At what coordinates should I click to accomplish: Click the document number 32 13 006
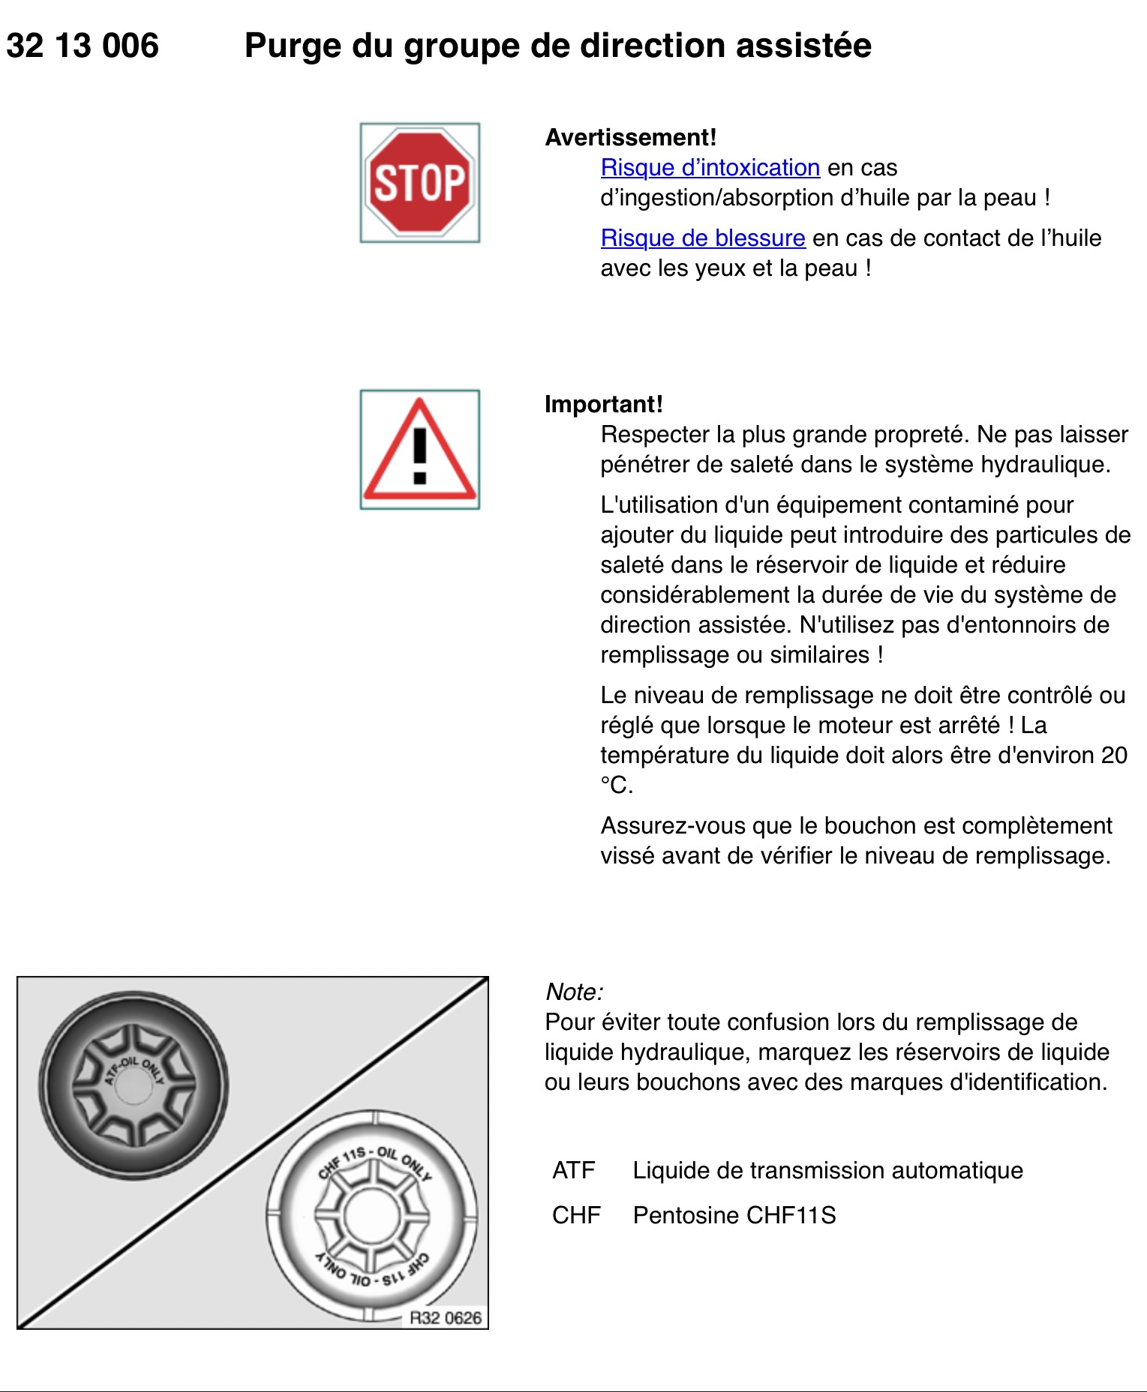pos(83,46)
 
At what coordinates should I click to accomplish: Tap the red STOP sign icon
pos(419,183)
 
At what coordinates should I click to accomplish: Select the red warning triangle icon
pos(419,450)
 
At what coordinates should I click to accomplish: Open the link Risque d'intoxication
pos(710,167)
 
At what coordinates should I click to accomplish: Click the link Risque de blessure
pos(703,238)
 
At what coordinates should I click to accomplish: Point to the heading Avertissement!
pos(631,137)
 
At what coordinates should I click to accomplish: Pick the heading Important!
pos(604,404)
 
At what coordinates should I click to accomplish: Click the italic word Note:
pos(574,992)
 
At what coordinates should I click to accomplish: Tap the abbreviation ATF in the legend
pos(574,1170)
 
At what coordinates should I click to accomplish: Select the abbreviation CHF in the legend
pos(576,1215)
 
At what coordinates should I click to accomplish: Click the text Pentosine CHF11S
pos(734,1215)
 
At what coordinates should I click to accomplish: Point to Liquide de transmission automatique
pos(827,1170)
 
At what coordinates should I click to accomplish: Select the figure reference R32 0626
pos(446,1318)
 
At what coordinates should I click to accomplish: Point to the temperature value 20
pos(1114,755)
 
